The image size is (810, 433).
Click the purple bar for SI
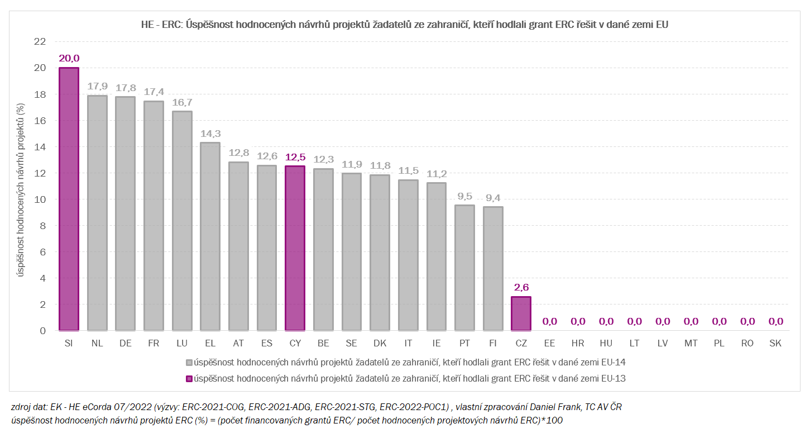click(69, 199)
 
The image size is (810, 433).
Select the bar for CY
click(295, 248)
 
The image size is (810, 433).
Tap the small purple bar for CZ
click(521, 313)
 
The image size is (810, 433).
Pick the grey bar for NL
click(97, 213)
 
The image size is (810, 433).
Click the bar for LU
click(182, 221)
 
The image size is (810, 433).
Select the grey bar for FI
click(493, 269)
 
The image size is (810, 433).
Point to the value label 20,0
click(69, 58)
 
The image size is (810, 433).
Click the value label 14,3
click(210, 133)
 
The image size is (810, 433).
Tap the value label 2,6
click(521, 287)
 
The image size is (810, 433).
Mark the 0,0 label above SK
click(775, 321)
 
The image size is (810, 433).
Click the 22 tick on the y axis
click(40, 41)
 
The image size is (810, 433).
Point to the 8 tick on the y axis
click(42, 226)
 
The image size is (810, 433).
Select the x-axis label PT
click(464, 344)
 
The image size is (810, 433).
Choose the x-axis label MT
click(691, 344)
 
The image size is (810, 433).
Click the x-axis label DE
click(125, 344)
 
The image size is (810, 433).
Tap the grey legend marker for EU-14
click(189, 363)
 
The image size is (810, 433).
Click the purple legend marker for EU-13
click(189, 379)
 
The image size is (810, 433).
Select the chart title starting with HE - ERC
click(404, 25)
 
